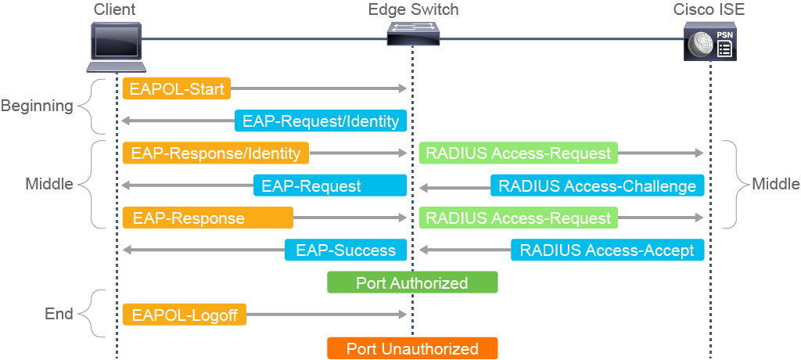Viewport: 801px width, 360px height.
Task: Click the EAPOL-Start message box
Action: [176, 88]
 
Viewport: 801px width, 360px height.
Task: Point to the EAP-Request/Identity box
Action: [321, 121]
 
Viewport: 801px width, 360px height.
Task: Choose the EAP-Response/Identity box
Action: [215, 153]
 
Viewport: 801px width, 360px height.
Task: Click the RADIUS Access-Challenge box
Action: [598, 185]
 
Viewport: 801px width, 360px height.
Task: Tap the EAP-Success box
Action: [346, 250]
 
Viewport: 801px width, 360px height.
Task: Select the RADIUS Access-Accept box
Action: [607, 250]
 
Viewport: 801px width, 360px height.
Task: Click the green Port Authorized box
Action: [412, 283]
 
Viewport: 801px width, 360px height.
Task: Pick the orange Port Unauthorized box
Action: [412, 348]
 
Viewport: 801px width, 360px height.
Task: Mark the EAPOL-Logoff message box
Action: [185, 315]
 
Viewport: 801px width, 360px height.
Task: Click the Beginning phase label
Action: [37, 106]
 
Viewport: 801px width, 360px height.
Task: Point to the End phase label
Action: [58, 314]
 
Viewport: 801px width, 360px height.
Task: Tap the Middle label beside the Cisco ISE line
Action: [775, 185]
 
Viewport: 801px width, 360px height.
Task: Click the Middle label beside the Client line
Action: [48, 185]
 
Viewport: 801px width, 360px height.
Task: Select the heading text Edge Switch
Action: [413, 9]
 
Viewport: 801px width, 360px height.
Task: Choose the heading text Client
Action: [114, 9]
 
